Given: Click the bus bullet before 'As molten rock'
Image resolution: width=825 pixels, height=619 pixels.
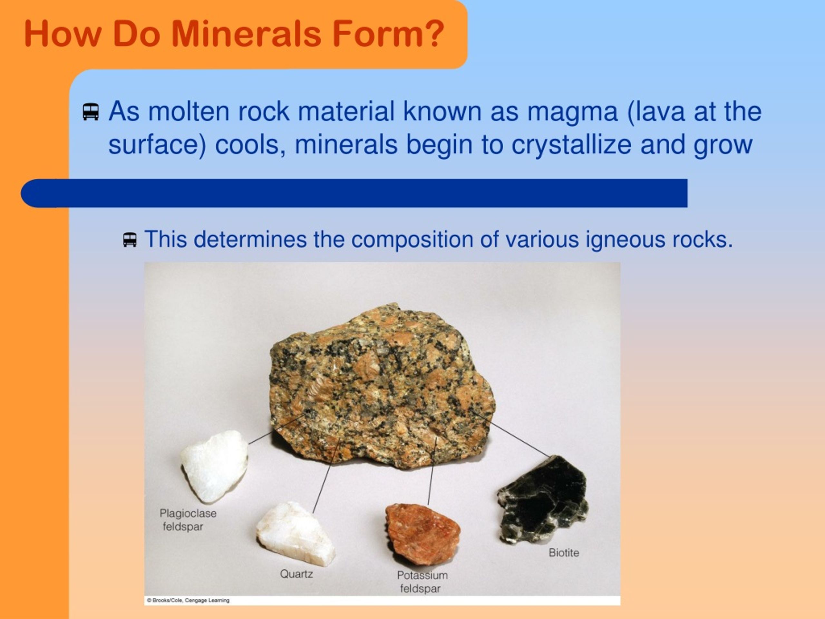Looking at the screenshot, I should coord(91,112).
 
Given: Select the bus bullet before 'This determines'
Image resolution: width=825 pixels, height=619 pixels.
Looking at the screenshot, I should coord(130,240).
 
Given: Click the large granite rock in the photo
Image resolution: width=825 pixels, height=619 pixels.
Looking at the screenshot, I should coord(380,384).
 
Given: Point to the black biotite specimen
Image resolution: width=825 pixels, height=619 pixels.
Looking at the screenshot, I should coord(543,500).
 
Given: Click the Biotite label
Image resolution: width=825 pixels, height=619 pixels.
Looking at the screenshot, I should coord(564,553).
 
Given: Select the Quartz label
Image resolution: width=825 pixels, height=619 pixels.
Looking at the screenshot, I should coord(296,574).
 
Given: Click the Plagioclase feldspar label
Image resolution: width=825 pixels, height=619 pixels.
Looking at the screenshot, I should coord(187,520).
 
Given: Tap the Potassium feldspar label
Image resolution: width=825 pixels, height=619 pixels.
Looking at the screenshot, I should coord(422,582).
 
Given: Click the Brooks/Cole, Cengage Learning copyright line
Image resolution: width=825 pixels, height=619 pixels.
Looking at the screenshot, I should coord(188,600).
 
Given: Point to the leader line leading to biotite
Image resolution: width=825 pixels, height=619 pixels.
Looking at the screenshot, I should coord(519,439).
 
